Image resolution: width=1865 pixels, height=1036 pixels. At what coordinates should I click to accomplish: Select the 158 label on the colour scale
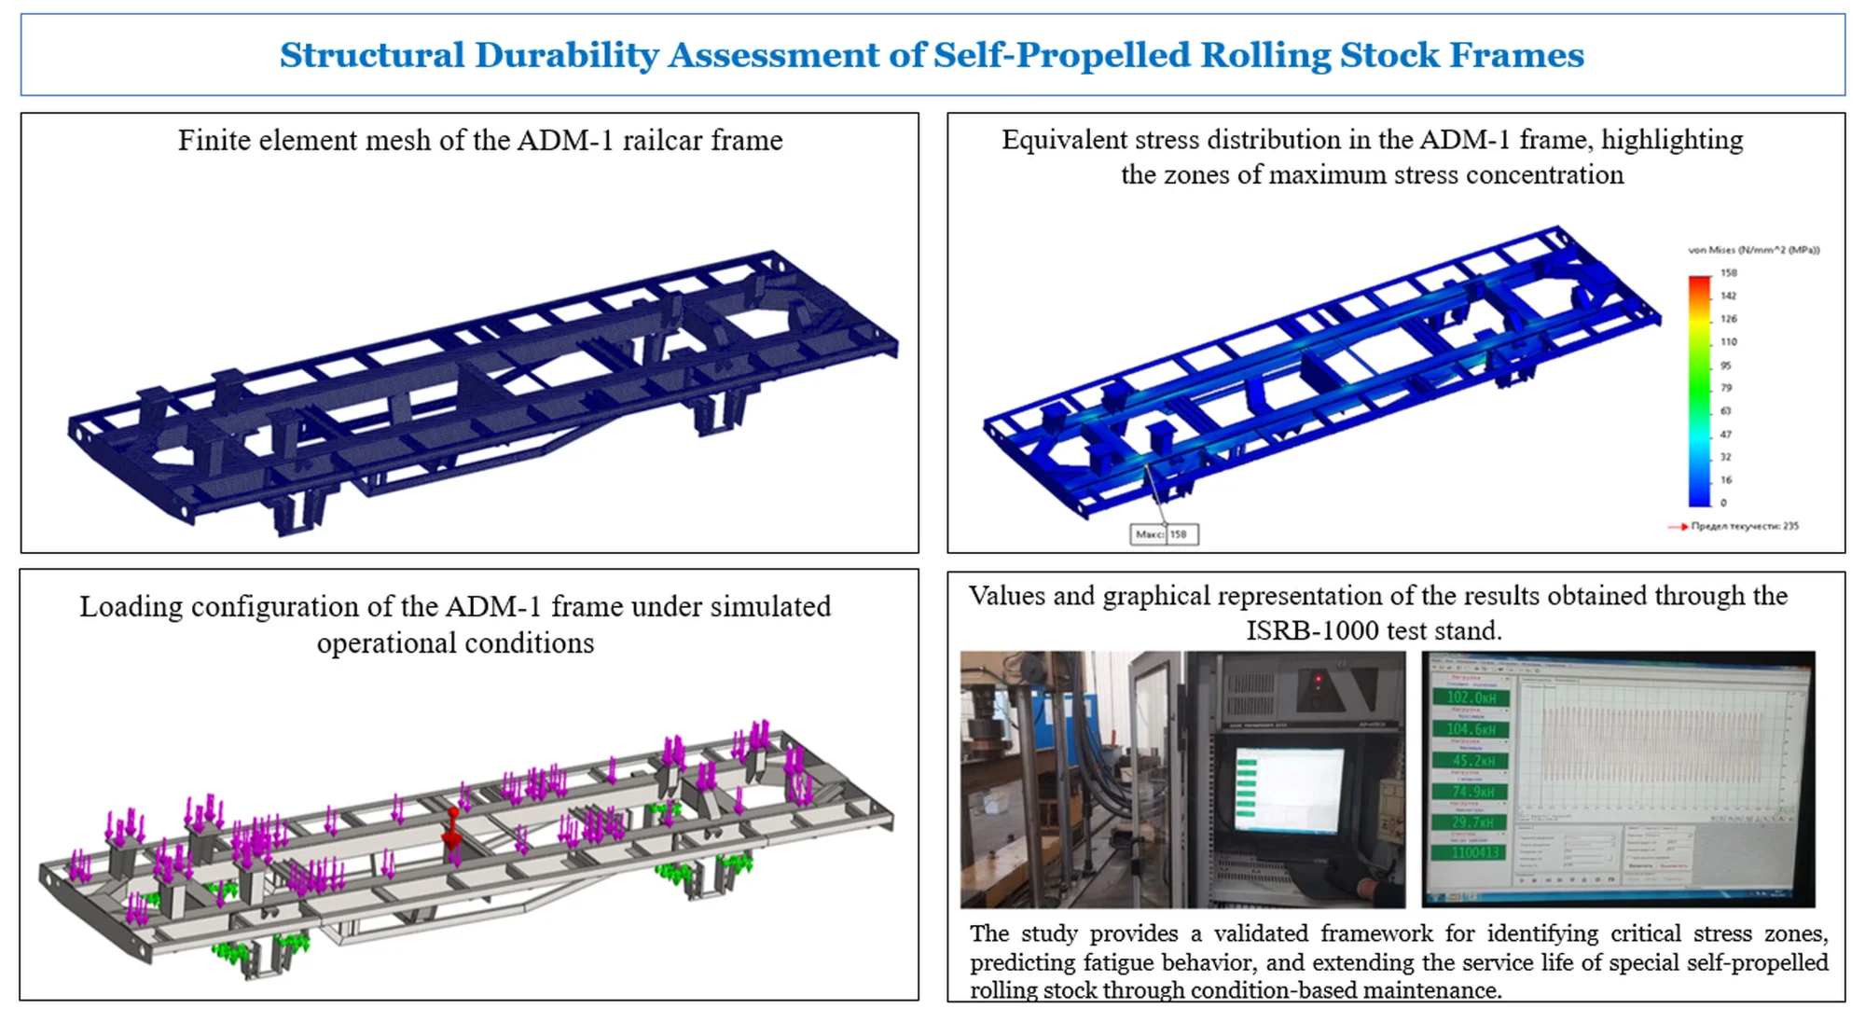point(1728,273)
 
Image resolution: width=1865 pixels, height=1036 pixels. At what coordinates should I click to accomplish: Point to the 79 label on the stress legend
point(1725,388)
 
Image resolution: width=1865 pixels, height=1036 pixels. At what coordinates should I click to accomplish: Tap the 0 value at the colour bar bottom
point(1722,503)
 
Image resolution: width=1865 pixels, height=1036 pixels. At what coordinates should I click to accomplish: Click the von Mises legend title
point(1753,250)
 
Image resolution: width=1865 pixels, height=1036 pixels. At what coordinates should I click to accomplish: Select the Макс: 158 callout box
point(1163,534)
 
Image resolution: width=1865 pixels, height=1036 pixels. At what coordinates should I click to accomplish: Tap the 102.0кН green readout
point(1471,698)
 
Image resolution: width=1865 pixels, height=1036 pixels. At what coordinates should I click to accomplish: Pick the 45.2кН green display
point(1472,761)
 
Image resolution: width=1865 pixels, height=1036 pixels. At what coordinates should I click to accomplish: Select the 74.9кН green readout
point(1472,792)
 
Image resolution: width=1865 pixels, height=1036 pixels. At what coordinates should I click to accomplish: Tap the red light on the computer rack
point(1317,678)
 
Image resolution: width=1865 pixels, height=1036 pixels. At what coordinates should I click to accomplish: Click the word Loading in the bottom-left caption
point(131,607)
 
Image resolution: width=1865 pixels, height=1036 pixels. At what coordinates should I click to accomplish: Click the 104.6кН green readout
point(1471,729)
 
